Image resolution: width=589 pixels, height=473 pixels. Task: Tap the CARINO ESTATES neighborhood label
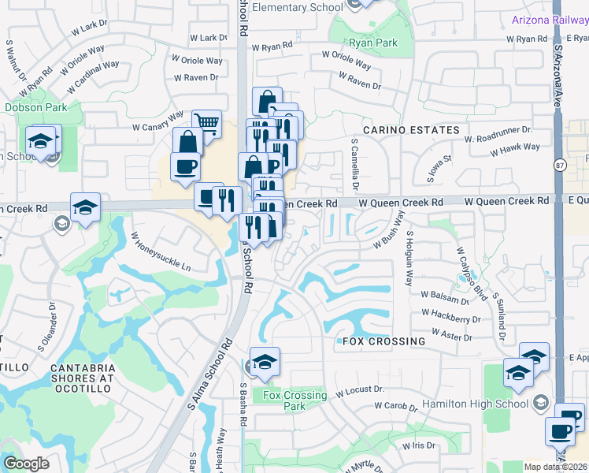point(410,129)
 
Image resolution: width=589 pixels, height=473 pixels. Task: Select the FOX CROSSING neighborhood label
point(383,341)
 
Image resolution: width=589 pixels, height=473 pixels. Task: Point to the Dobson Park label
point(35,107)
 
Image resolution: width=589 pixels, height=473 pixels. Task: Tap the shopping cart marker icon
point(206,122)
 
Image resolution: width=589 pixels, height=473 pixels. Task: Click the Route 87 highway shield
point(560,166)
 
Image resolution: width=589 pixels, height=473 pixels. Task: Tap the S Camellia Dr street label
point(354,166)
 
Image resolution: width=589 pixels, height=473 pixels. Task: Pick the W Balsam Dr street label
point(445,296)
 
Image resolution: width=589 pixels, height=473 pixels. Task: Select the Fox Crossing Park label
point(294,400)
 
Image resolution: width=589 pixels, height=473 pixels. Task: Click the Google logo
point(26,464)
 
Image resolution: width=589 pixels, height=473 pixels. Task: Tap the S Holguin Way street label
point(409,257)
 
